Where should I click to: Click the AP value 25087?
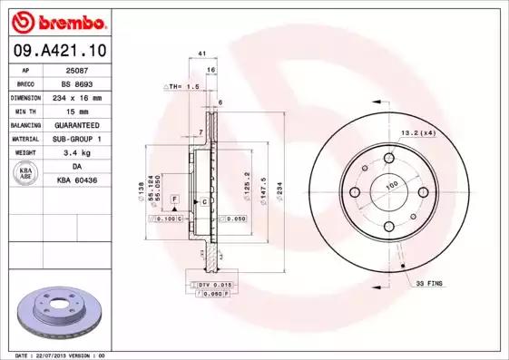[x=76, y=68]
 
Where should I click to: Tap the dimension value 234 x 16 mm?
[x=76, y=96]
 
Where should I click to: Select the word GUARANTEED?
[x=76, y=124]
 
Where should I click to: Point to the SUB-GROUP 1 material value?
[x=76, y=139]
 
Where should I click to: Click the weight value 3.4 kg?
[x=76, y=153]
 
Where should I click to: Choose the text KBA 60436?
[x=76, y=181]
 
